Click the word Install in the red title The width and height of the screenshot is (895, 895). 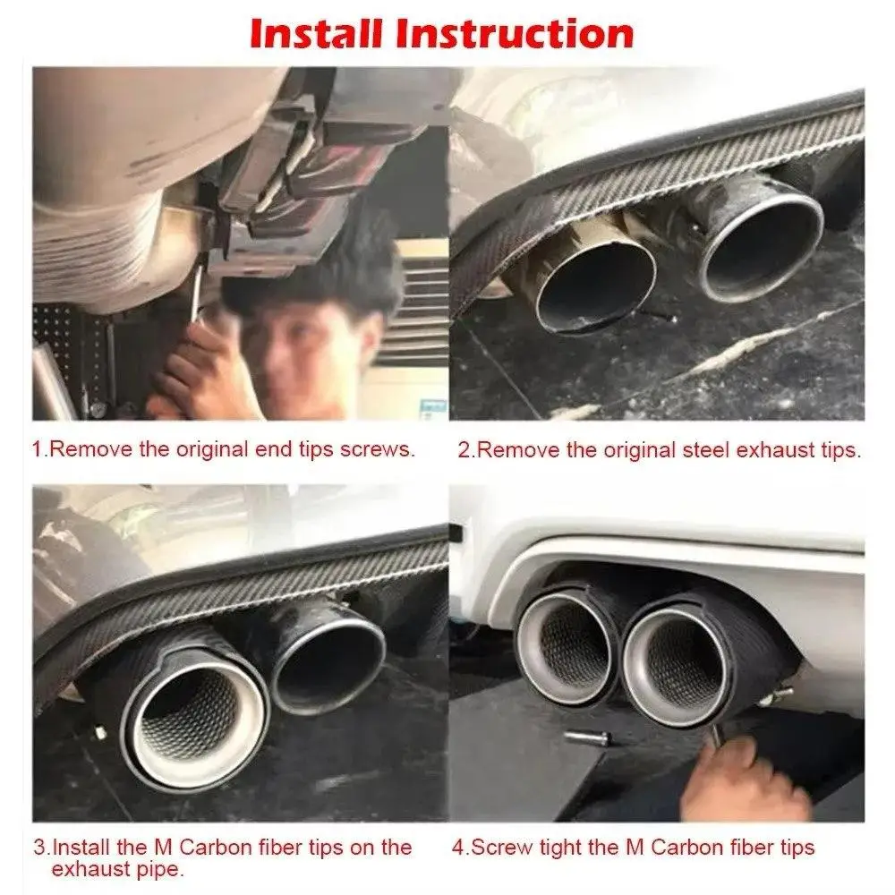(x=314, y=34)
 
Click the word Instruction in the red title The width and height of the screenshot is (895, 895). (x=515, y=34)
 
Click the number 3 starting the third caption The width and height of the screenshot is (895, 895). (x=39, y=847)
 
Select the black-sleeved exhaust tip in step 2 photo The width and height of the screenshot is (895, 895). (x=754, y=234)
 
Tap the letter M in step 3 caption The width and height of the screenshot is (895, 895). (x=163, y=847)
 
